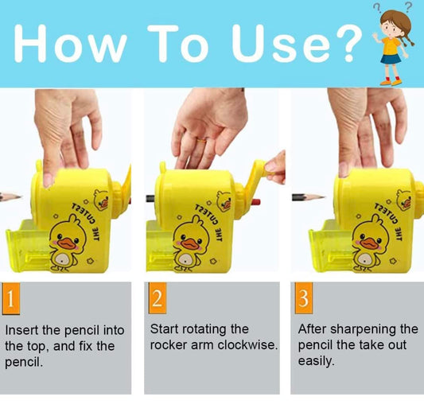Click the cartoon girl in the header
pyautogui.click(x=392, y=44)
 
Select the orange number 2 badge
pyautogui.click(x=158, y=299)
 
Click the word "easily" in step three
pyautogui.click(x=316, y=360)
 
